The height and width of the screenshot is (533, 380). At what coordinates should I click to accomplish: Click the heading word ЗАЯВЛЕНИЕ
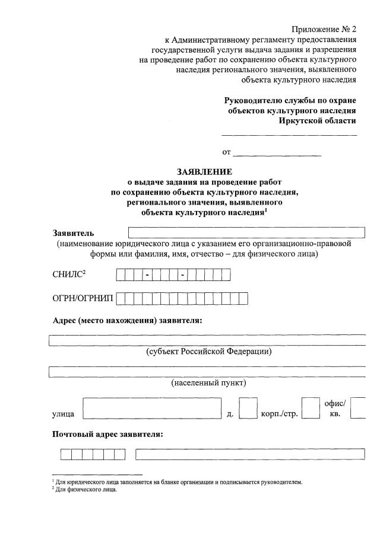click(204, 172)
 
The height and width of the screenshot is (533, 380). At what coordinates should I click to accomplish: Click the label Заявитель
click(73, 233)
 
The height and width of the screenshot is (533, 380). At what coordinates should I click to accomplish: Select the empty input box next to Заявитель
click(246, 232)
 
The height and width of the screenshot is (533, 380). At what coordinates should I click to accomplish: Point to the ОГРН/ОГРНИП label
click(83, 298)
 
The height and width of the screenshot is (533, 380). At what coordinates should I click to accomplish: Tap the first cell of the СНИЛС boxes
click(121, 275)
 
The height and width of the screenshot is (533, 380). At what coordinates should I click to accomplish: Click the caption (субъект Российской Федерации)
click(209, 352)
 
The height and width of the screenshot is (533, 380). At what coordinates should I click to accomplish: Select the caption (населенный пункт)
click(208, 383)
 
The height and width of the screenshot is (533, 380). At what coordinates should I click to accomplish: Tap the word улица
click(63, 413)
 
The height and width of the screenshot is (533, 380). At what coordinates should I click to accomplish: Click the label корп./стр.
click(279, 413)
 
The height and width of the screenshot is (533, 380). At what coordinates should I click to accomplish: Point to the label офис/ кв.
click(335, 408)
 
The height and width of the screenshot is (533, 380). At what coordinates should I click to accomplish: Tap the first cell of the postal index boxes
click(65, 455)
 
